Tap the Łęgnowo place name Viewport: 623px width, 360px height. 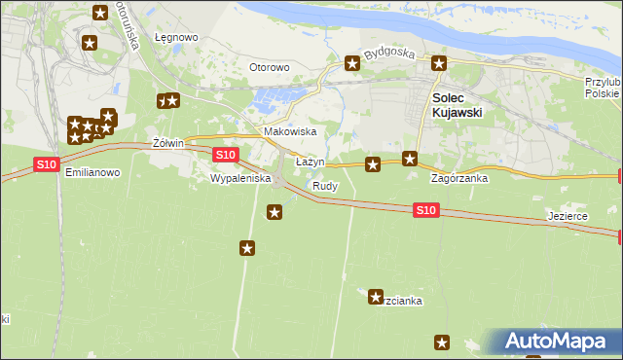click(176, 38)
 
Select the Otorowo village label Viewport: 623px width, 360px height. click(270, 67)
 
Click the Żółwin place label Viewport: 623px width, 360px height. click(168, 143)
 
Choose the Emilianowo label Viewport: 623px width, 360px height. click(92, 172)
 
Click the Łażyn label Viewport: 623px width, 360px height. click(310, 162)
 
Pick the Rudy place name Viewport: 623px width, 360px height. click(325, 185)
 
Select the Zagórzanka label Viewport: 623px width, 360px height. click(459, 179)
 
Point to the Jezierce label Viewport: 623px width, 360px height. click(568, 216)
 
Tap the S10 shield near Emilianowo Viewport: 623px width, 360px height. click(46, 164)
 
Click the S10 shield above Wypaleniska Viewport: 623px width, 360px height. click(225, 155)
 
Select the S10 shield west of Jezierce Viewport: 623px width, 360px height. click(425, 209)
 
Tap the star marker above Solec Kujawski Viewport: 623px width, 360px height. click(439, 64)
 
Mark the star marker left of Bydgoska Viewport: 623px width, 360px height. click(352, 64)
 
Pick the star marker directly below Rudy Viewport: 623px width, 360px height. click(275, 212)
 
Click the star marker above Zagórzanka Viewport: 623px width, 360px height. click(411, 159)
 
